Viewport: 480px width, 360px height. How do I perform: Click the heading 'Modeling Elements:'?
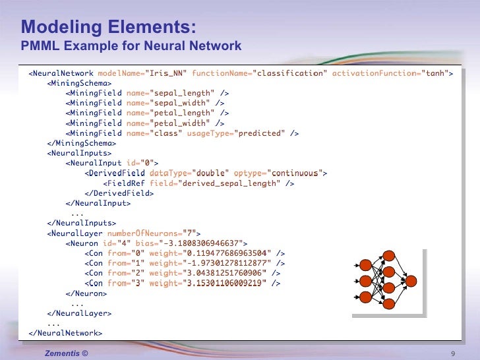(108, 27)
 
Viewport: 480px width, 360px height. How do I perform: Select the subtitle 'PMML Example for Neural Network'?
(131, 46)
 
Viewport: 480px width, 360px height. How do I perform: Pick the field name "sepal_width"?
(180, 103)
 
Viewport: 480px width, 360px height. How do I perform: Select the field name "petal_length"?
(183, 113)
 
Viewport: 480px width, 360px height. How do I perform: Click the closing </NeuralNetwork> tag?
(65, 333)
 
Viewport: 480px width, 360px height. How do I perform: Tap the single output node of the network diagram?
(411, 282)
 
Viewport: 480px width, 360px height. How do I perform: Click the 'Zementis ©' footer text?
(66, 354)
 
